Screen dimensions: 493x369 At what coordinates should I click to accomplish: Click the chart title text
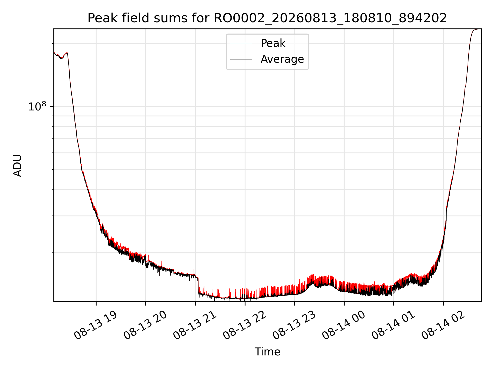[267, 18]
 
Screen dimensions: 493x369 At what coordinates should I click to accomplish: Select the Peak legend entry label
[273, 43]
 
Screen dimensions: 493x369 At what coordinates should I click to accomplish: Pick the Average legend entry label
[282, 59]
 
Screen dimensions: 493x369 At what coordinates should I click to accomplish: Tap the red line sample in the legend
[241, 43]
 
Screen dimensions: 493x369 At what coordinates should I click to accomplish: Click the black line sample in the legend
[241, 59]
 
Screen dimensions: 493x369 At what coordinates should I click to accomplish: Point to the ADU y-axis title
[17, 165]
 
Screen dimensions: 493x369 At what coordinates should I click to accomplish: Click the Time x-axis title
[267, 352]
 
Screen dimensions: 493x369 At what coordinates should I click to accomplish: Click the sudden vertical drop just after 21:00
[198, 285]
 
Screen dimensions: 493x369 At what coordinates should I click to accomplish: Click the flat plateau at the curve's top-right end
[478, 29]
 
